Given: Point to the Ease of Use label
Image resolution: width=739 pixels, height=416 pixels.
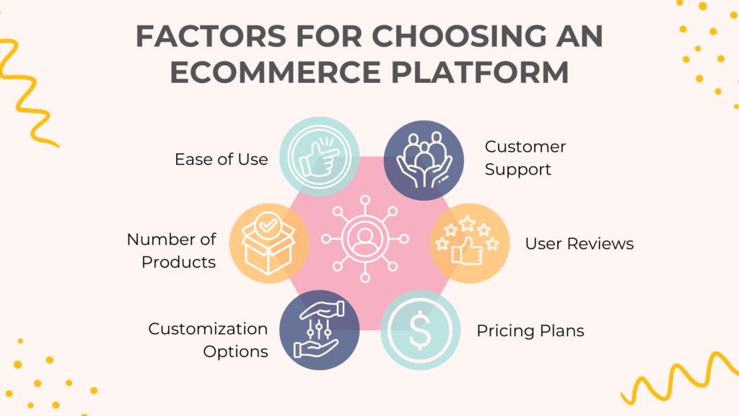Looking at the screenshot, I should [x=221, y=159].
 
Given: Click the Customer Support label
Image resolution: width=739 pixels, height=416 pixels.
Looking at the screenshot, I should [x=525, y=158].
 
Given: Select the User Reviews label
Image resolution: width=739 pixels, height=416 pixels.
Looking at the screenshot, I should [x=580, y=243].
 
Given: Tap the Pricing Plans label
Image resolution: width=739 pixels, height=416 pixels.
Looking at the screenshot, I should [x=530, y=331].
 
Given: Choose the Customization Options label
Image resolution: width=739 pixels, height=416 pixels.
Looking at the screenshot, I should [x=208, y=340].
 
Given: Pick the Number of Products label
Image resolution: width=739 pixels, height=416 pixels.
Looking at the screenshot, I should [x=171, y=250].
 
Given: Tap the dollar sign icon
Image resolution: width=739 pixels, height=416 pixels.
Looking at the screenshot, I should [x=419, y=331].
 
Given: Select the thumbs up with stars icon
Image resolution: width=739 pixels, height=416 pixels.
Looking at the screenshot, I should [x=470, y=243].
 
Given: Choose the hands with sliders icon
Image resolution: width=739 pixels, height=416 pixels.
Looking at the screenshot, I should [x=318, y=331].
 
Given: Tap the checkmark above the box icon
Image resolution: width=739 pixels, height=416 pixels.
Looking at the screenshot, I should [x=268, y=226].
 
